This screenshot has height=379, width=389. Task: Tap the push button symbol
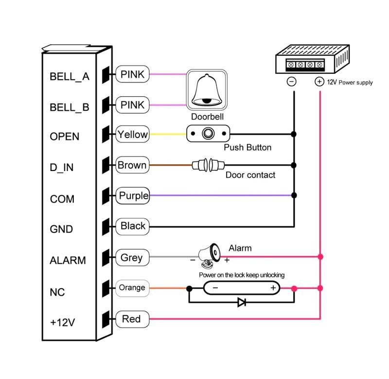[208, 134]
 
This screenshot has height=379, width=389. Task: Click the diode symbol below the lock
[242, 302]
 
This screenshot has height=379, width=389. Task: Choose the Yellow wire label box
[132, 135]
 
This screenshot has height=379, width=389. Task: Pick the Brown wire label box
[132, 165]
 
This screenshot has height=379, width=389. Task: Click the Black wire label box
[132, 226]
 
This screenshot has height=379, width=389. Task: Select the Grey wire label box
[131, 258]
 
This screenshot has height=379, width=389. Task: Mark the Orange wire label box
[132, 288]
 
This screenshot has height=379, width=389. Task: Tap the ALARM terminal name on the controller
[68, 260]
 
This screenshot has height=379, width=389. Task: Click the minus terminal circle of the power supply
[292, 82]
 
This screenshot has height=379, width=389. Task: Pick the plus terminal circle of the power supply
[319, 82]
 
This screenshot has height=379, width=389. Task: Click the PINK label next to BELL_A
[132, 74]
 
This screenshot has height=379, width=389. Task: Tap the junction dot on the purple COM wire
[294, 195]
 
